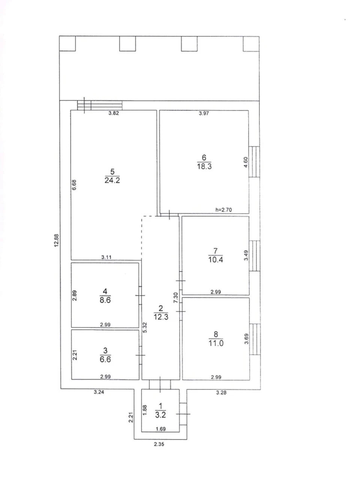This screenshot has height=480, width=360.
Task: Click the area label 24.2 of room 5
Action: (112, 180)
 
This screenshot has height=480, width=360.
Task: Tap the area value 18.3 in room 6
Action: (204, 166)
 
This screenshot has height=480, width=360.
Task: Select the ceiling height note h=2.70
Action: (223, 210)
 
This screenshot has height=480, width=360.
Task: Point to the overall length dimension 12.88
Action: (57, 240)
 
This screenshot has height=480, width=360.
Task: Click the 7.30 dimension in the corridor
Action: (176, 298)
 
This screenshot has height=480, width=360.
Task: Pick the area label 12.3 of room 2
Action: (161, 317)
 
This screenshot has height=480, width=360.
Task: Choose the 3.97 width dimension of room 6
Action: (204, 113)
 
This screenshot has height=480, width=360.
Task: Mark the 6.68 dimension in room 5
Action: (74, 185)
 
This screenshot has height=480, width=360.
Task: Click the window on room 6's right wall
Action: (254, 162)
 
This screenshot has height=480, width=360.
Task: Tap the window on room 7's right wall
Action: (255, 256)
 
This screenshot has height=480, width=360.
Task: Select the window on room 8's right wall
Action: (255, 339)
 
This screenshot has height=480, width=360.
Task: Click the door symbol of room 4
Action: (140, 295)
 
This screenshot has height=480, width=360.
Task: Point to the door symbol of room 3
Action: (140, 355)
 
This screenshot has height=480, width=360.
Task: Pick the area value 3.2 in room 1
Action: (160, 415)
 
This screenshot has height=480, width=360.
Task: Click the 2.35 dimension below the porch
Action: (159, 444)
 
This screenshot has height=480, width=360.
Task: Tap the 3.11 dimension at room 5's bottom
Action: (106, 257)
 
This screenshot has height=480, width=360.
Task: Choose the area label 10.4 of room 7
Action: (216, 260)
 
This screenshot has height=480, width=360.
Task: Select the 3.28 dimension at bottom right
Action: (221, 393)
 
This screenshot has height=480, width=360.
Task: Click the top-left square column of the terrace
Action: (67, 43)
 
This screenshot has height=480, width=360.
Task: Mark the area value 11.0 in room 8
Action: (216, 343)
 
